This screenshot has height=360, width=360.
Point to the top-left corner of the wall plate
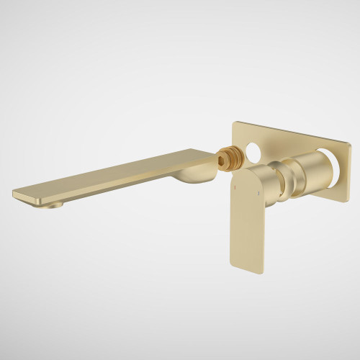pyautogui.click(x=233, y=123)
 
